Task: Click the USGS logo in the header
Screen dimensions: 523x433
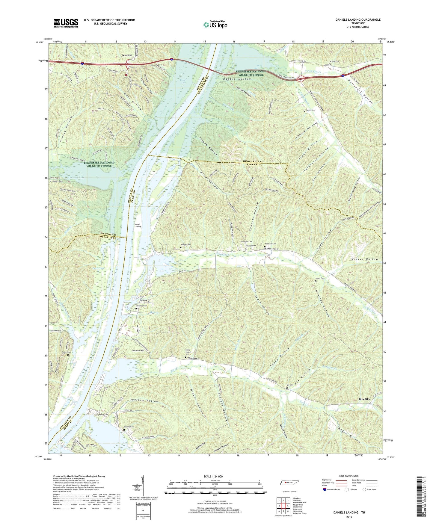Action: (66, 23)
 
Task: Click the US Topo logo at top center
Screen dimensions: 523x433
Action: (215, 25)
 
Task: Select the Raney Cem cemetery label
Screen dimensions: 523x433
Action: (320, 278)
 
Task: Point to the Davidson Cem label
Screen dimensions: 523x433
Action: (141, 306)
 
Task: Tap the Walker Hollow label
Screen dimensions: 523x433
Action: (365, 259)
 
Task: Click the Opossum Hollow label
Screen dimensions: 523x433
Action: (144, 401)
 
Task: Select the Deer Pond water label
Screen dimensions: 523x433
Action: (98, 268)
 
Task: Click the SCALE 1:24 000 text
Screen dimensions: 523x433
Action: (213, 476)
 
